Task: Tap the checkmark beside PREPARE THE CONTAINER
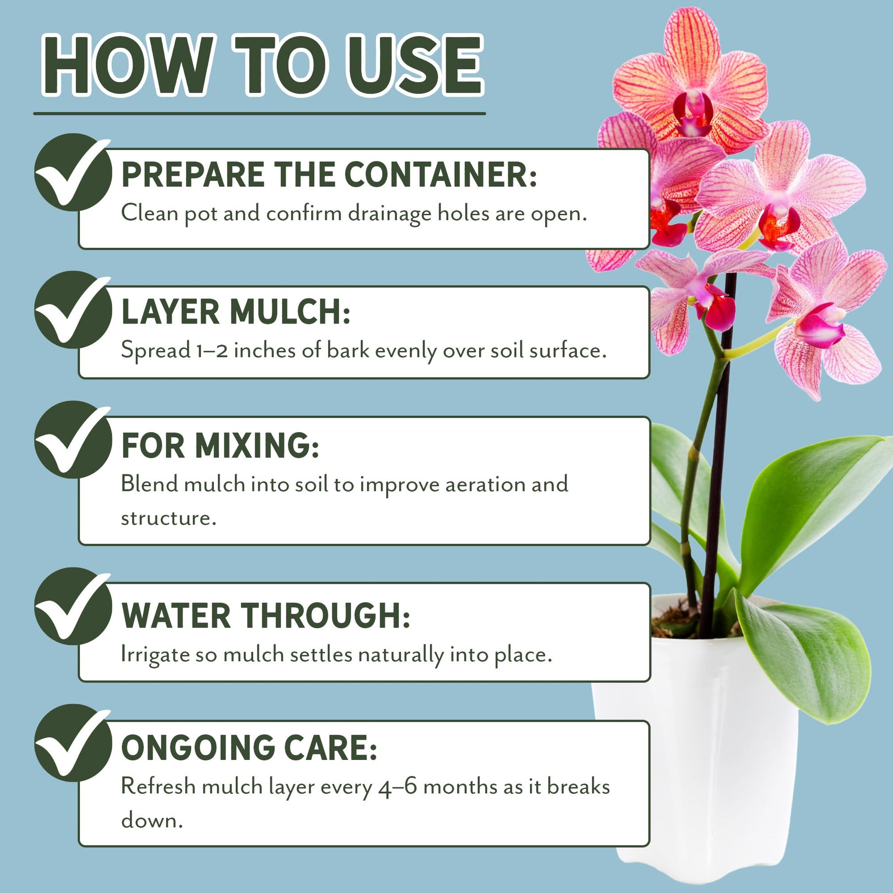click(x=73, y=172)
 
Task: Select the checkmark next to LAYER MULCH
click(x=73, y=309)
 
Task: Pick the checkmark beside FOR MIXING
click(x=73, y=440)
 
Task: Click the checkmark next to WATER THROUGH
click(x=73, y=606)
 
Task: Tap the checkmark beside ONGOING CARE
click(x=73, y=743)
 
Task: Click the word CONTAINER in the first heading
click(x=440, y=175)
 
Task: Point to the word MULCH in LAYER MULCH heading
click(x=290, y=312)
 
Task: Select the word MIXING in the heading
click(x=257, y=446)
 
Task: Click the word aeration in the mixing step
click(x=485, y=485)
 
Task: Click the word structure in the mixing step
click(x=169, y=518)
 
